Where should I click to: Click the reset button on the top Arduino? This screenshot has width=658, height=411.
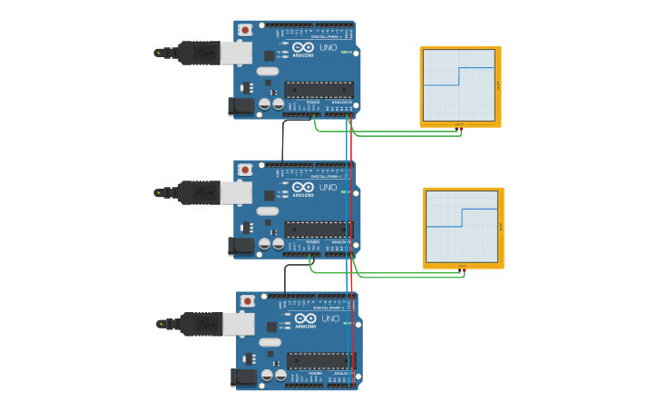click(245, 29)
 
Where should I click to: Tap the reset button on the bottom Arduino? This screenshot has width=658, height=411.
click(247, 300)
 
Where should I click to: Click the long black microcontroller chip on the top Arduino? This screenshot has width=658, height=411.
click(319, 89)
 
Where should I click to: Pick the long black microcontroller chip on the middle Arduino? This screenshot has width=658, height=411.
click(319, 229)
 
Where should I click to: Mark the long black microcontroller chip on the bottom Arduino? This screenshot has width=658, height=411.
click(321, 360)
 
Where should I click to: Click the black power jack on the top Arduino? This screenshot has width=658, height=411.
click(241, 106)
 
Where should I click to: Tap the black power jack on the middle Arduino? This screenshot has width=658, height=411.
click(241, 245)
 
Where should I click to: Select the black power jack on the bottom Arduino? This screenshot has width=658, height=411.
click(243, 377)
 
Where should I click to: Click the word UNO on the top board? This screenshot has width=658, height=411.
click(328, 47)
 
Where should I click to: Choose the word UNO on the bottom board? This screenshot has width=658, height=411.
click(330, 318)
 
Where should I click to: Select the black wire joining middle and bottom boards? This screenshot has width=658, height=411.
click(286, 278)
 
